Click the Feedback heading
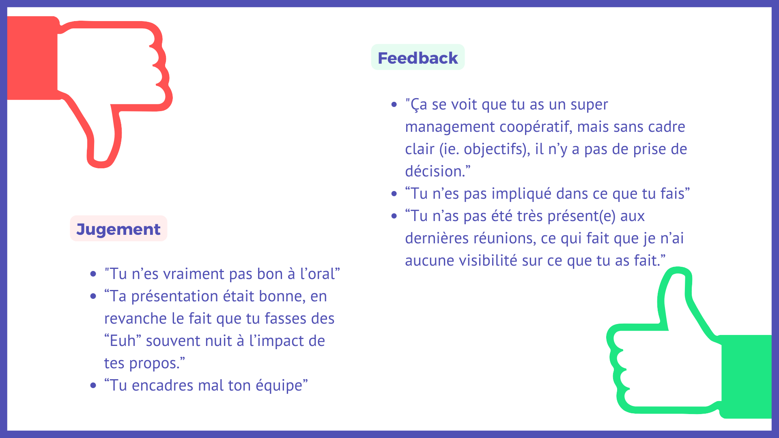point(417,58)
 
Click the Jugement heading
point(118,230)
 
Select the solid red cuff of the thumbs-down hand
point(32,58)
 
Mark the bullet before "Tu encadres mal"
point(93,385)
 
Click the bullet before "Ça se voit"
point(394,105)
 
